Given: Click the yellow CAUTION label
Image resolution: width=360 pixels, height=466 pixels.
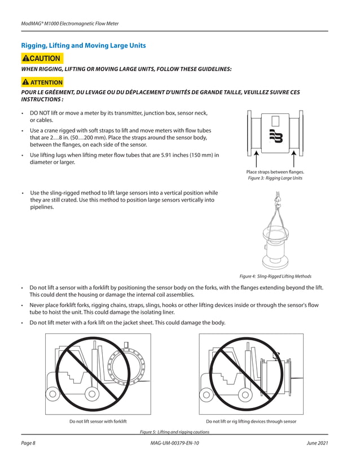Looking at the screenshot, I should tap(41, 58).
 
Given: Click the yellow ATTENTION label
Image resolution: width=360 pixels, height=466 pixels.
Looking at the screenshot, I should tap(43, 82).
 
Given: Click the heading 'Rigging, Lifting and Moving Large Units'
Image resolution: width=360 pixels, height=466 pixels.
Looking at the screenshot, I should tap(83, 45).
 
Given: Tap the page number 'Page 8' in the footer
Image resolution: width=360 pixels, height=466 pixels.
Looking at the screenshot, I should tap(28, 443).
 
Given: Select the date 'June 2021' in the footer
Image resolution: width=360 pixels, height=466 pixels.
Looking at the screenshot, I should tap(317, 443).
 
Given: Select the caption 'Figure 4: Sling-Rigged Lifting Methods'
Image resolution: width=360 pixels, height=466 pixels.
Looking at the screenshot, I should tap(275, 276).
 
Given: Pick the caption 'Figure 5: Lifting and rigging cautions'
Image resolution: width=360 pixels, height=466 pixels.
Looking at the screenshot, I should tap(174, 432).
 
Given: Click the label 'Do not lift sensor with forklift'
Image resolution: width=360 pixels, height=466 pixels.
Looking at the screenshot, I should tap(98, 421).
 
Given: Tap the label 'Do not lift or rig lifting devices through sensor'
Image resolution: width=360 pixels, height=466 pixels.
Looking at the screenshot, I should tap(251, 421).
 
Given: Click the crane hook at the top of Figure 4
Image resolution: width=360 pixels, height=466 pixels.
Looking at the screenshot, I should tap(276, 197).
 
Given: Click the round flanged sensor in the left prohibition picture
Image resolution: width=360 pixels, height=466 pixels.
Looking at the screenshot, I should tap(129, 371).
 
